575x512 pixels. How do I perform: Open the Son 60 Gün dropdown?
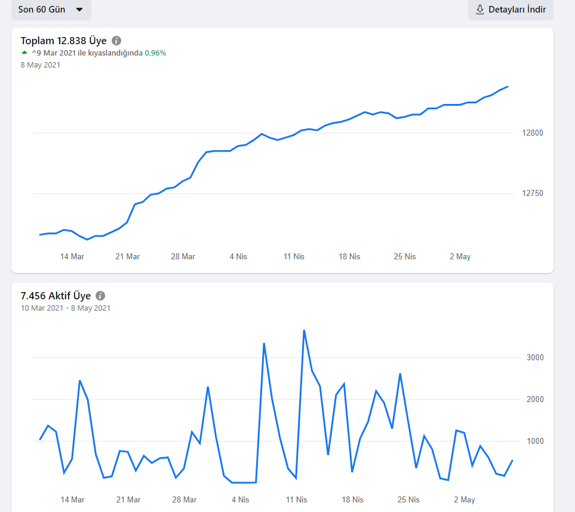(x=51, y=10)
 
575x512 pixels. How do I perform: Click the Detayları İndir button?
(x=511, y=10)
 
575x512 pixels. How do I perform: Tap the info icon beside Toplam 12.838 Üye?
(x=116, y=41)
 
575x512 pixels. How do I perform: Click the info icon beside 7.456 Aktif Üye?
(x=100, y=296)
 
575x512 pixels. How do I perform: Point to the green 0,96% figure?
(x=155, y=53)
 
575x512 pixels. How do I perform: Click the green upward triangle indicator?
(x=24, y=53)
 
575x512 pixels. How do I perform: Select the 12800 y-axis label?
(x=533, y=133)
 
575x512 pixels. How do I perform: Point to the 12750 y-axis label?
(x=533, y=193)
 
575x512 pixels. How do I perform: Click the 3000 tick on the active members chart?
(x=535, y=357)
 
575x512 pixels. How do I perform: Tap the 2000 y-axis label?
(x=535, y=399)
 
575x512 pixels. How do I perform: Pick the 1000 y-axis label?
(x=535, y=441)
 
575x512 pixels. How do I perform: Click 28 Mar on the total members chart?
(x=183, y=256)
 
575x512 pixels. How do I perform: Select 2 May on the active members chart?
(x=465, y=500)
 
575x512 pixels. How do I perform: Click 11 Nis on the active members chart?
(x=296, y=499)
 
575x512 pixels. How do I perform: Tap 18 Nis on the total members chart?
(x=349, y=256)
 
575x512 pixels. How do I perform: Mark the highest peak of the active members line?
(x=304, y=330)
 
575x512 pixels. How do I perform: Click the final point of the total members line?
(x=508, y=87)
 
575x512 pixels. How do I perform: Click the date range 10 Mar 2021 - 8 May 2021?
(x=66, y=308)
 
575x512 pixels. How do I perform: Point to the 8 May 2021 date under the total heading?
(x=41, y=65)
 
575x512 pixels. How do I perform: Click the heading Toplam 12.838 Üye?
(x=63, y=41)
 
